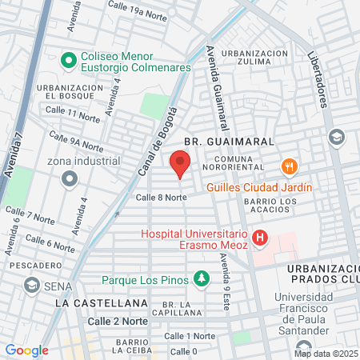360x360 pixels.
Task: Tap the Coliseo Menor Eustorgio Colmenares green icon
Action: (x=69, y=58)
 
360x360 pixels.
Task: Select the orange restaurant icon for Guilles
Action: (x=289, y=167)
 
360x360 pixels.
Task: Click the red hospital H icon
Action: (x=259, y=238)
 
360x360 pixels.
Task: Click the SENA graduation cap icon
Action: (x=32, y=285)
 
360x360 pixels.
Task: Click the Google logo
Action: (x=26, y=350)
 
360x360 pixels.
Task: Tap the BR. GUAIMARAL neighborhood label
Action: (x=229, y=141)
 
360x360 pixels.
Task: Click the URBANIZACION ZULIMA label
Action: (x=254, y=57)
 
